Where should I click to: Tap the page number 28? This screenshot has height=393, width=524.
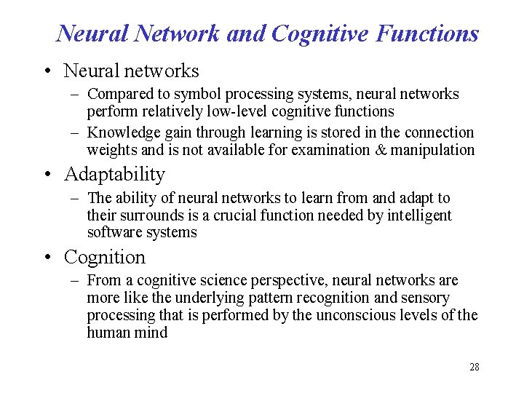point(474,368)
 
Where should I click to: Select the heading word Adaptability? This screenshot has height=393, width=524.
point(114,175)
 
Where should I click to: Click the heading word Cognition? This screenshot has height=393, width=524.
point(105,258)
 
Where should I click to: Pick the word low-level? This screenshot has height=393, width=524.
point(245,111)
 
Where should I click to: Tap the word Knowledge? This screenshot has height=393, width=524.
point(119,132)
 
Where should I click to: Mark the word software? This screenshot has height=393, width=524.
point(111,233)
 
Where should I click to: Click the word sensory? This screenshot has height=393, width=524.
point(424,298)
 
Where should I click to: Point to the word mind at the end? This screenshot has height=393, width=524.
point(151,333)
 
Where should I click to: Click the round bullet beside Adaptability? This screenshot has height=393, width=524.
point(47,175)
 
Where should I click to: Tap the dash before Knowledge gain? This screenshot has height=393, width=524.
point(75,133)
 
